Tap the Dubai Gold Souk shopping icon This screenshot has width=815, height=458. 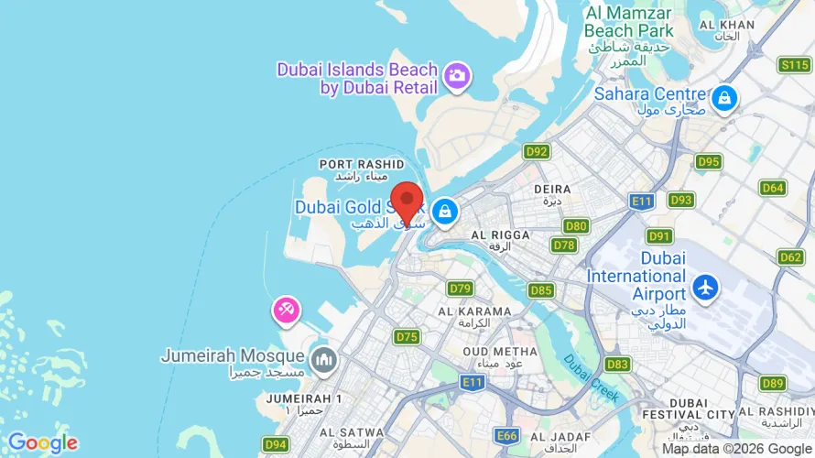(444, 212)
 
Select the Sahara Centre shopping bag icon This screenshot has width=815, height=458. (724, 97)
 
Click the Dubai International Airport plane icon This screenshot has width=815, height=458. (705, 287)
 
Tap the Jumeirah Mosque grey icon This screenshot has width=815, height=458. (321, 359)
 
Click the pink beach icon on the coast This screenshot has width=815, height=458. (286, 311)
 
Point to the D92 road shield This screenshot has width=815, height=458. (536, 151)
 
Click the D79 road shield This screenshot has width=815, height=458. (460, 289)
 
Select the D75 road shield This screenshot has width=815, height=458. (407, 337)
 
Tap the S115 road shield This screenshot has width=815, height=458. (793, 64)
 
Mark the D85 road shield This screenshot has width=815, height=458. (541, 290)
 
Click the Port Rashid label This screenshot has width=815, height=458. (361, 169)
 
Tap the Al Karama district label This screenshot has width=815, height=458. (474, 317)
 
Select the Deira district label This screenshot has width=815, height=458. (552, 193)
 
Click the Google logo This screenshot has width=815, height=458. (42, 443)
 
